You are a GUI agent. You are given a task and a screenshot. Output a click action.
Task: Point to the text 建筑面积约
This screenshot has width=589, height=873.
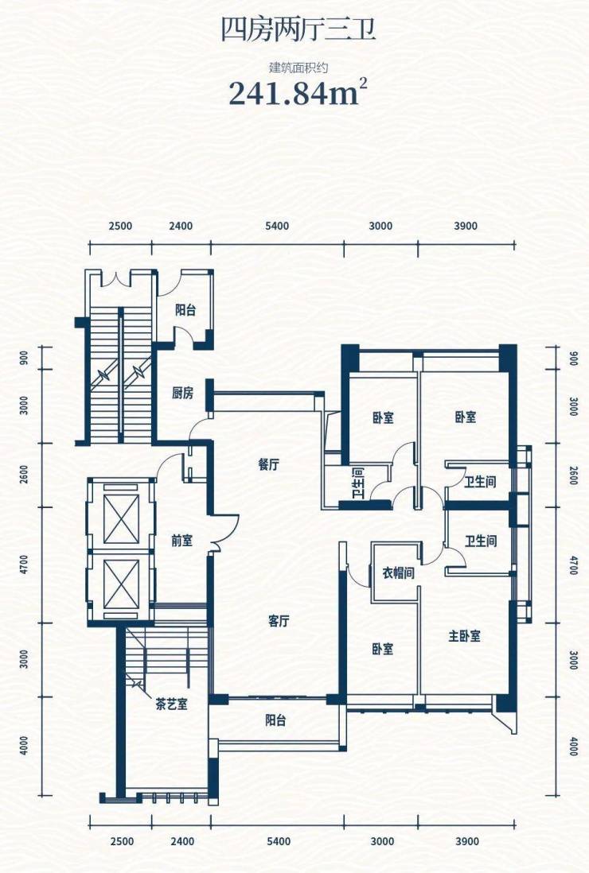click(298, 68)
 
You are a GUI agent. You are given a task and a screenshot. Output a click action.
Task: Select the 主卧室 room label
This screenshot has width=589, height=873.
click(464, 636)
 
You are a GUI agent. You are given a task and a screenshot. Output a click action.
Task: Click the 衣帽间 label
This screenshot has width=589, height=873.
click(399, 572)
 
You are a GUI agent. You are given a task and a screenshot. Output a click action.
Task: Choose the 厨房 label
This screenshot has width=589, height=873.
click(182, 393)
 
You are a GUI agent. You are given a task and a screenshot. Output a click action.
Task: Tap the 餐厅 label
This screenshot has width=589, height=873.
click(268, 465)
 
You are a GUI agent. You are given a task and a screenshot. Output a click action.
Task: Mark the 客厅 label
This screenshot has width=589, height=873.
click(278, 621)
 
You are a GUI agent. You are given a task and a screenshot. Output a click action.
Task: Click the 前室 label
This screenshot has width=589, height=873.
click(181, 541)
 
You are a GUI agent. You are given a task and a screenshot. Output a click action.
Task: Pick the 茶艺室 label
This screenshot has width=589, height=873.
click(172, 705)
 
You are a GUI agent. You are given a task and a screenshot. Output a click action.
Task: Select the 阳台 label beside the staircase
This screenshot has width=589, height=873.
click(185, 310)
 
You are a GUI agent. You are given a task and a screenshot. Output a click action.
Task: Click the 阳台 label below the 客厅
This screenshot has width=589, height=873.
click(275, 720)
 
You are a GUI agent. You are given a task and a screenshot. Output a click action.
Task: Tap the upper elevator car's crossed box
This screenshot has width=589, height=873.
click(122, 519)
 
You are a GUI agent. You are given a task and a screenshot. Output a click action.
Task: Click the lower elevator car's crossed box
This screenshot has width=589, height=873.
click(122, 584)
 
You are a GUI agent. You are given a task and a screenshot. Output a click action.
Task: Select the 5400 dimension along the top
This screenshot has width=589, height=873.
click(278, 226)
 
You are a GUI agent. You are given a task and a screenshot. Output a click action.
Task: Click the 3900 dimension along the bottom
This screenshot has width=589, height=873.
click(467, 841)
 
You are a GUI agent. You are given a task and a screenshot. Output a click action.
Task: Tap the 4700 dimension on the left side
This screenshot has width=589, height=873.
click(23, 565)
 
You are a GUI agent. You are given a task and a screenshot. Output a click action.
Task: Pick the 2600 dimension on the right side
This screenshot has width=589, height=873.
click(573, 475)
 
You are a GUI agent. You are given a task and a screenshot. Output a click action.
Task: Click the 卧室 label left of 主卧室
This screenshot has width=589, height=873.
click(383, 649)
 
